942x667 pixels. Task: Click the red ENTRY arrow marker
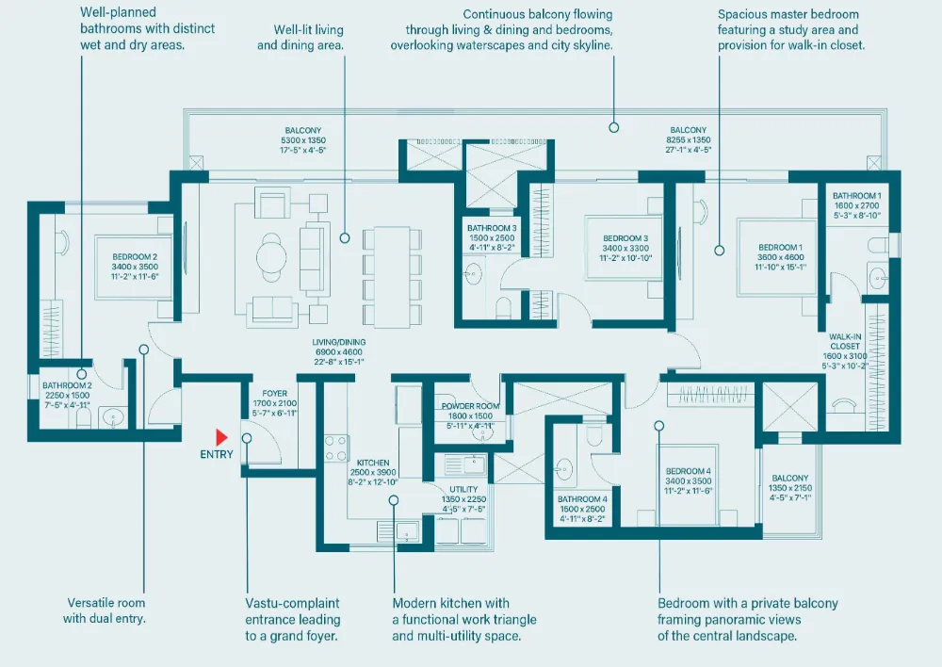(221, 437)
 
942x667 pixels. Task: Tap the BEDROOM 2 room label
(135, 257)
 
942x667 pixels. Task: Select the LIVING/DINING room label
(339, 343)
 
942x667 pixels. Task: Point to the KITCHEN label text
(373, 463)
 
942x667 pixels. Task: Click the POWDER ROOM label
(470, 406)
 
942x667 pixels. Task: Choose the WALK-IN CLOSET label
(845, 341)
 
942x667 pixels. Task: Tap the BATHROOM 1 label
(856, 196)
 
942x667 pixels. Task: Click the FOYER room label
(274, 394)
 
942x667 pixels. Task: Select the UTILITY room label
(463, 489)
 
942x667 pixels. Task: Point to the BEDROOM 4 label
(689, 471)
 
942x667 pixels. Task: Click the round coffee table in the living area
(271, 256)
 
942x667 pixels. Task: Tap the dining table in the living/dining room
(392, 277)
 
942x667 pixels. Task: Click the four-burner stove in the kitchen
(337, 448)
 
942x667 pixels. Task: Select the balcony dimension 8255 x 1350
(689, 140)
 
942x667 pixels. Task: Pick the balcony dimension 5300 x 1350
(303, 140)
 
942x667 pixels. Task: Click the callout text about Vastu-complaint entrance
(293, 620)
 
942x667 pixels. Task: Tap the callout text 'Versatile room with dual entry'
(106, 610)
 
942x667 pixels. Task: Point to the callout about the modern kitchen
(464, 620)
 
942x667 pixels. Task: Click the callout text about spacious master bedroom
(791, 29)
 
